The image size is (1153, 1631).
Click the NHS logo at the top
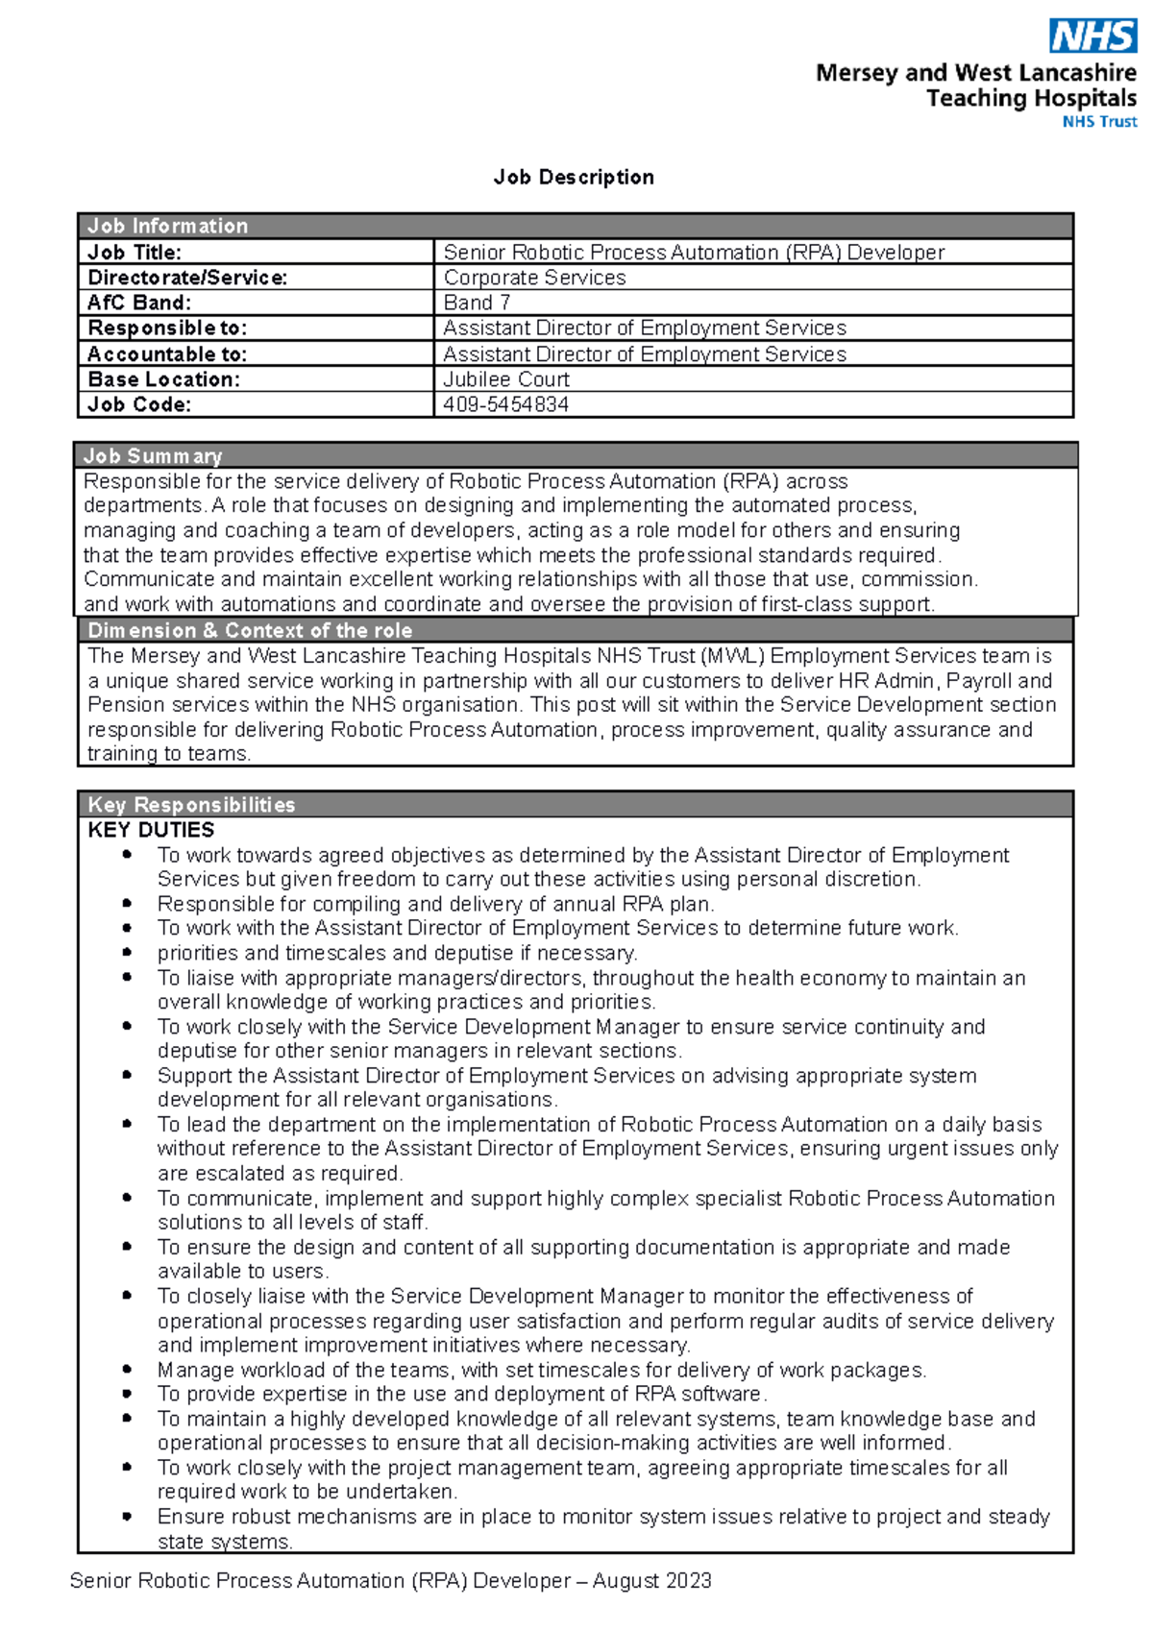click(1093, 37)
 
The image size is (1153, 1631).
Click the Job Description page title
click(574, 178)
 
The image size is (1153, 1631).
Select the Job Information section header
click(168, 226)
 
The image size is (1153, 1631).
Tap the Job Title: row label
click(135, 253)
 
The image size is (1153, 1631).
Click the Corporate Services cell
click(534, 278)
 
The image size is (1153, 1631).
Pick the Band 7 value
click(477, 303)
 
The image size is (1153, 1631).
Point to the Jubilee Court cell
click(506, 379)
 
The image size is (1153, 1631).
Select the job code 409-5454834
click(505, 404)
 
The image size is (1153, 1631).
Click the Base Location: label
click(163, 379)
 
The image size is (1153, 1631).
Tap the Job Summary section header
click(153, 456)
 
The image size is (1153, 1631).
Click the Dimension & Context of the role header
click(250, 631)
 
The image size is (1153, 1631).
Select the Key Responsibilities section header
click(191, 805)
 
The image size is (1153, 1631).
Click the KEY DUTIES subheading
click(151, 830)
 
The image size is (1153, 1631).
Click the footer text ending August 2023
click(390, 1581)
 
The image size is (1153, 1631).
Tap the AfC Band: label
click(139, 303)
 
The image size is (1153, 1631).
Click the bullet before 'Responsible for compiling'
click(127, 904)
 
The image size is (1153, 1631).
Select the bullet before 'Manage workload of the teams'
click(127, 1370)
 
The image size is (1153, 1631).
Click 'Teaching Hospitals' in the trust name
click(1031, 98)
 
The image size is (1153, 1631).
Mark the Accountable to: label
click(167, 354)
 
